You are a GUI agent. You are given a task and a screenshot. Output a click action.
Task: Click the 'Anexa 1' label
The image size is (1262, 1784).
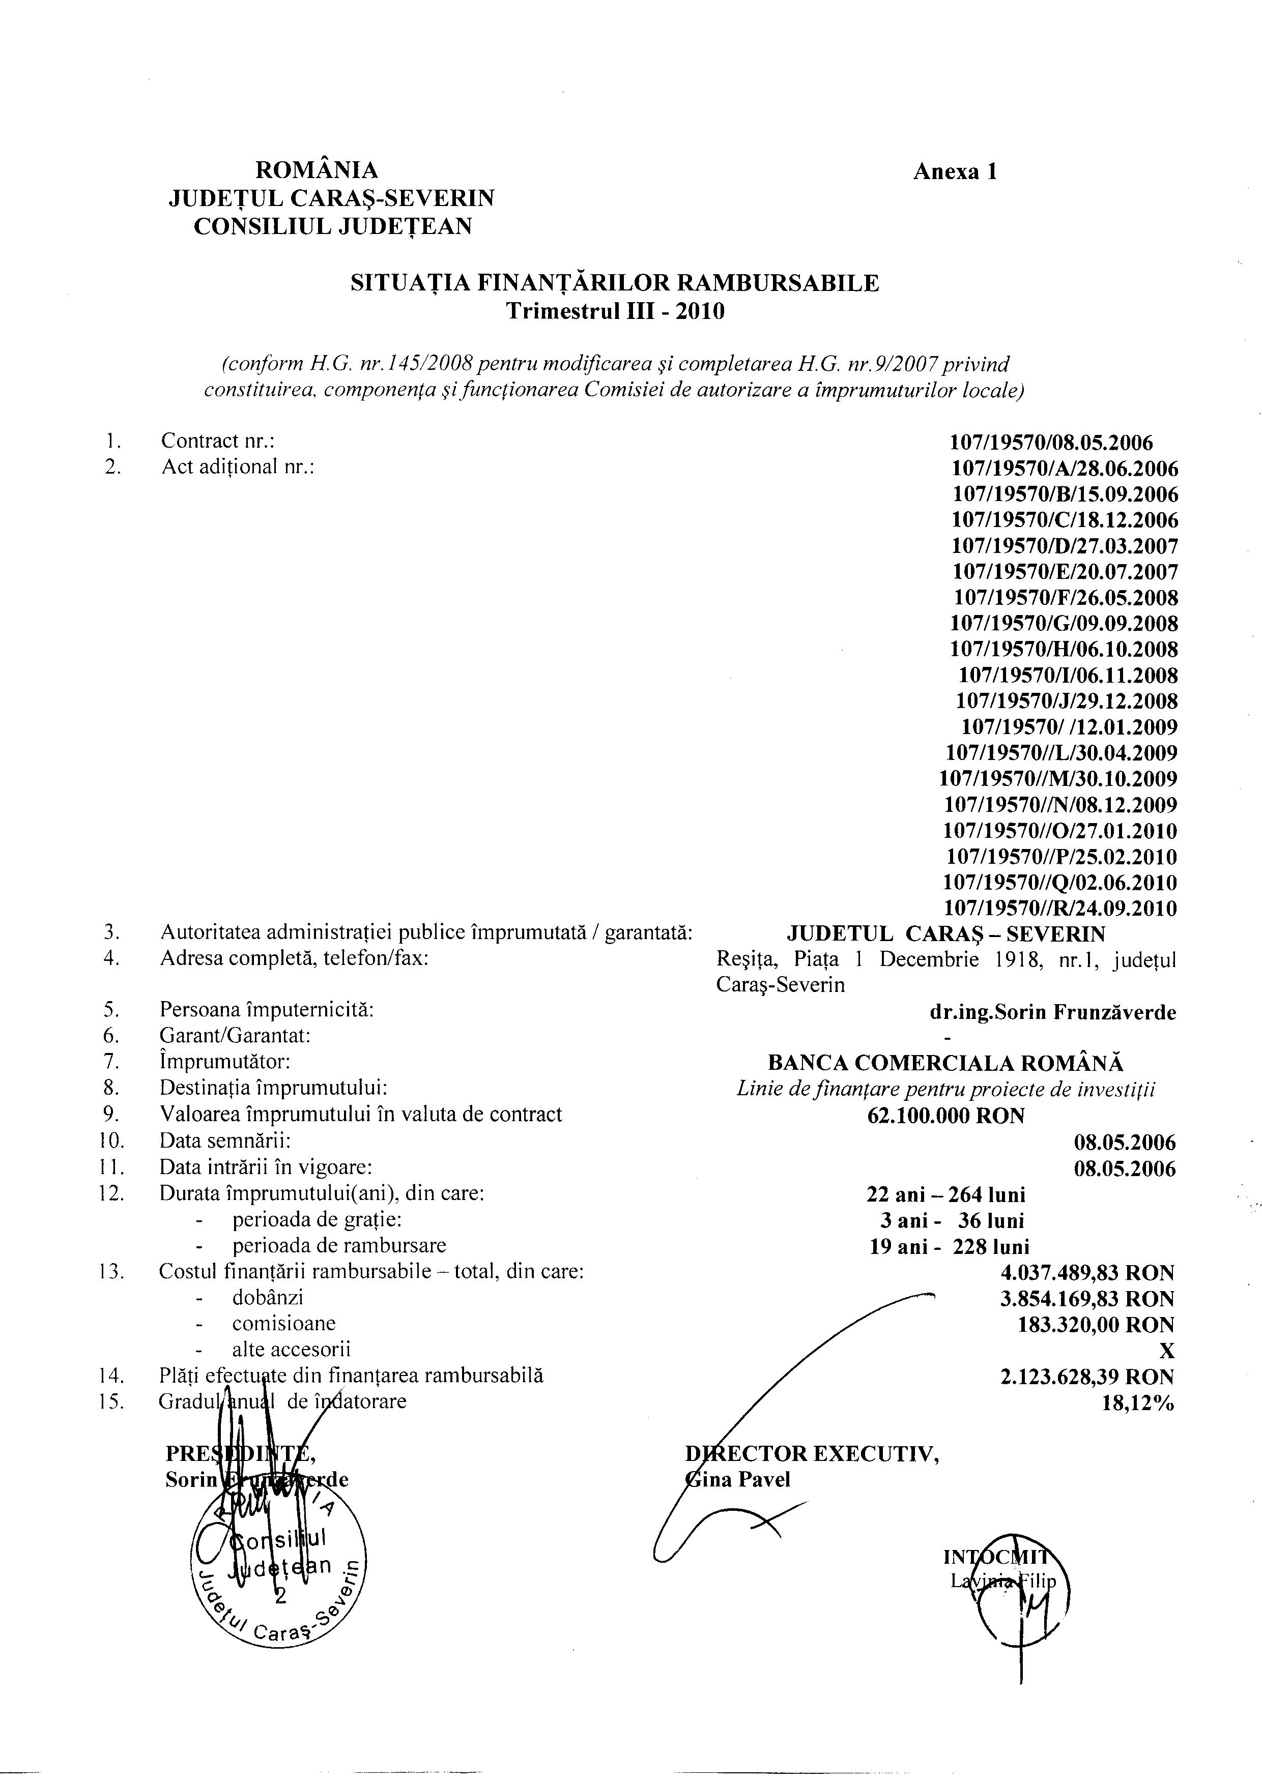pyautogui.click(x=954, y=172)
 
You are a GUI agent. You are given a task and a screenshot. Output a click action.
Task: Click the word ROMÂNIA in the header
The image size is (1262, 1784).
pyautogui.click(x=317, y=169)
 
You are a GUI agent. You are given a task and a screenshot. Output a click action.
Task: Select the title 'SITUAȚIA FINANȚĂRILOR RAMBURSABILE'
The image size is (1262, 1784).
pyautogui.click(x=615, y=283)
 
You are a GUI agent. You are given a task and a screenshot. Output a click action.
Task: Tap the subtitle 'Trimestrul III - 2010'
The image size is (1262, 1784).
pyautogui.click(x=615, y=312)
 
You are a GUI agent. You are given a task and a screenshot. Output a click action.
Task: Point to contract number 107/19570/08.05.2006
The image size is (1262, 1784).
pyautogui.click(x=1051, y=443)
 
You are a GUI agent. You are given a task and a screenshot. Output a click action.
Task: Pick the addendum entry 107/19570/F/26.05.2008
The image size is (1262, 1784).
pyautogui.click(x=1066, y=598)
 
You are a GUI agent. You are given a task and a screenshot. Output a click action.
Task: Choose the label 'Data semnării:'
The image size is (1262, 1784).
pyautogui.click(x=225, y=1142)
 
